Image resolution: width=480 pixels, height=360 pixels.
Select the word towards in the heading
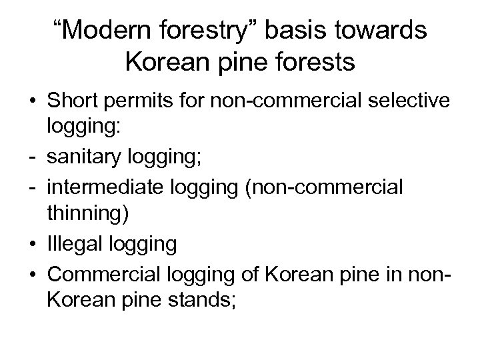click(x=383, y=33)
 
